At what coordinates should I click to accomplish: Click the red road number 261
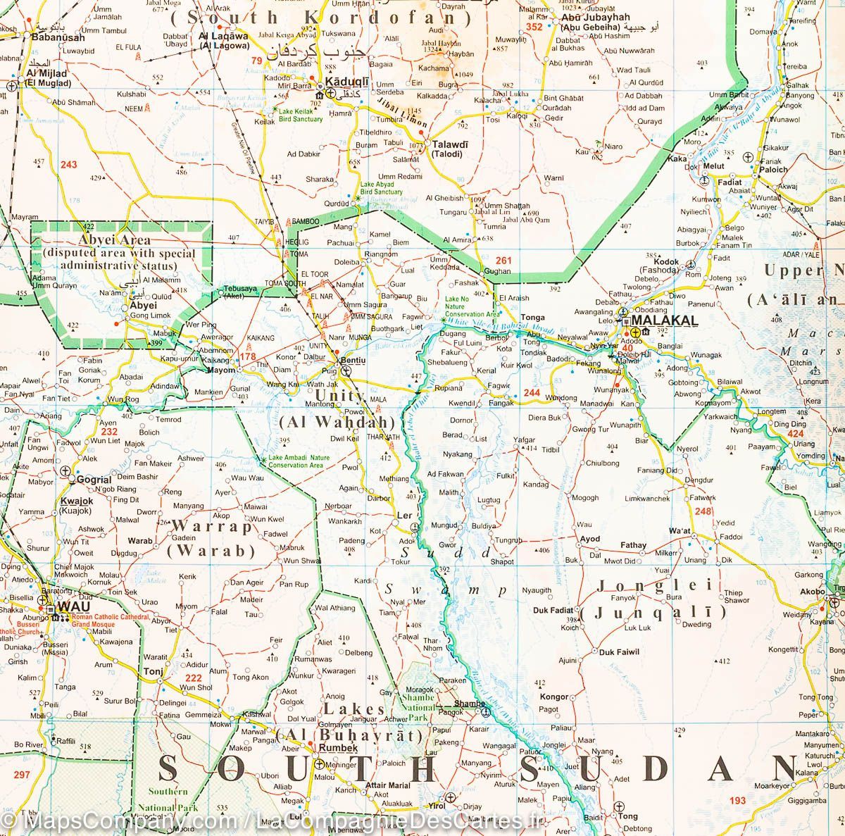(503, 261)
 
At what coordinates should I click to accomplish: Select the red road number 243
(69, 165)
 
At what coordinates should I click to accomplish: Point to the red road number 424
(796, 434)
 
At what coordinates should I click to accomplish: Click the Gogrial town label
(94, 479)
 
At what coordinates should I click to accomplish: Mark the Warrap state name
(211, 525)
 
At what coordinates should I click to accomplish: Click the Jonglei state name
(655, 585)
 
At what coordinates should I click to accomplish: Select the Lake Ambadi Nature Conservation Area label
(296, 461)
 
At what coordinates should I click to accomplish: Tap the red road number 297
(22, 775)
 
